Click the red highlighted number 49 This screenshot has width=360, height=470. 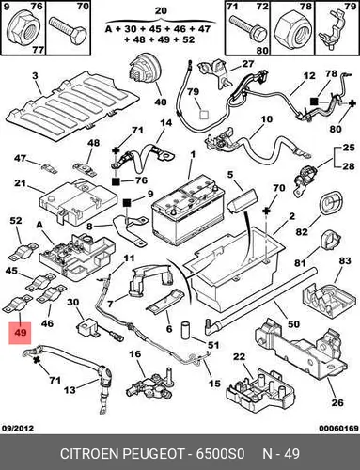point(20,333)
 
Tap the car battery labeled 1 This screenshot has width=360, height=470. point(188,211)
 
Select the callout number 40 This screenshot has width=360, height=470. point(161,102)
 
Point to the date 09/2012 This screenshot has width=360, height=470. point(18,428)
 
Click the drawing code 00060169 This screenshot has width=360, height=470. point(338,428)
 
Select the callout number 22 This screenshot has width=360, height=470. point(239,357)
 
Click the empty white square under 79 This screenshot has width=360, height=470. point(204,115)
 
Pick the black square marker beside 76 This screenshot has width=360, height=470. point(116,180)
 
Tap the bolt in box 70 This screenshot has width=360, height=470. point(68,31)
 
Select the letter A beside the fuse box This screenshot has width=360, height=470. point(39,226)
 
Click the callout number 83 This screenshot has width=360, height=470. point(345,260)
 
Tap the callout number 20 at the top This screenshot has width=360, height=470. point(161,11)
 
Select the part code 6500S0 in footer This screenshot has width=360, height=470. point(220,454)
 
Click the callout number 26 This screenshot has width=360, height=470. point(337,402)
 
